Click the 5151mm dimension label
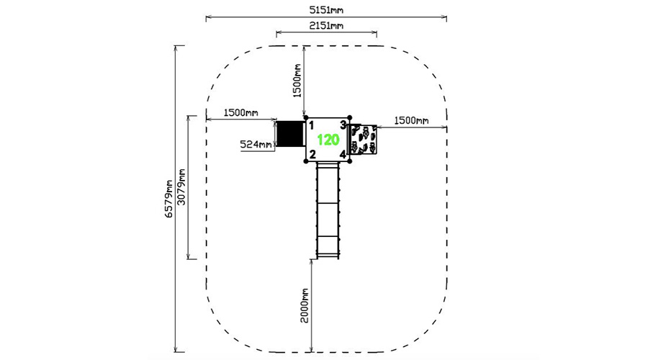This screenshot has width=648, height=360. coord(326,9)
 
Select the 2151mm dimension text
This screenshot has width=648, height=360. coord(326,25)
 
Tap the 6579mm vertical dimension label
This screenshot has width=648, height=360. coord(168,199)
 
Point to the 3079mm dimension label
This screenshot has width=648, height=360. coord(181,187)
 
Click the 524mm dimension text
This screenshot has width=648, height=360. coord(256,144)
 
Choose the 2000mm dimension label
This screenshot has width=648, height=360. coord(305,305)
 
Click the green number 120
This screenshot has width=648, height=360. coord(328,140)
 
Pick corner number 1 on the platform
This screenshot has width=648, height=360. coord(312,125)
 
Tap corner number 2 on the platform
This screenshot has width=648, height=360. coord(312,155)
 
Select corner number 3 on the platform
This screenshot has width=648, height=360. coord(343,125)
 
